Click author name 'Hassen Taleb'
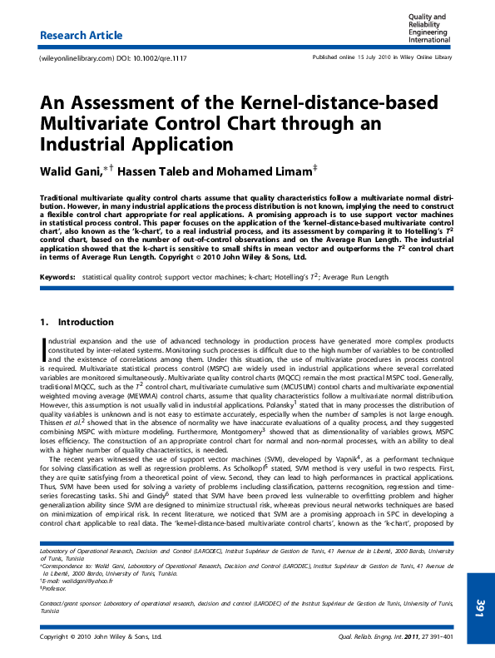coord(155,171)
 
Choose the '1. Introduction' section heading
coord(77,322)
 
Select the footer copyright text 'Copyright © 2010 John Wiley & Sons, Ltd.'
coord(101,636)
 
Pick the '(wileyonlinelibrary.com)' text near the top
coord(76,58)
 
